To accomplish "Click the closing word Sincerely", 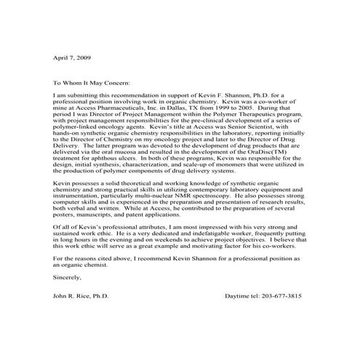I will (68, 277).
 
